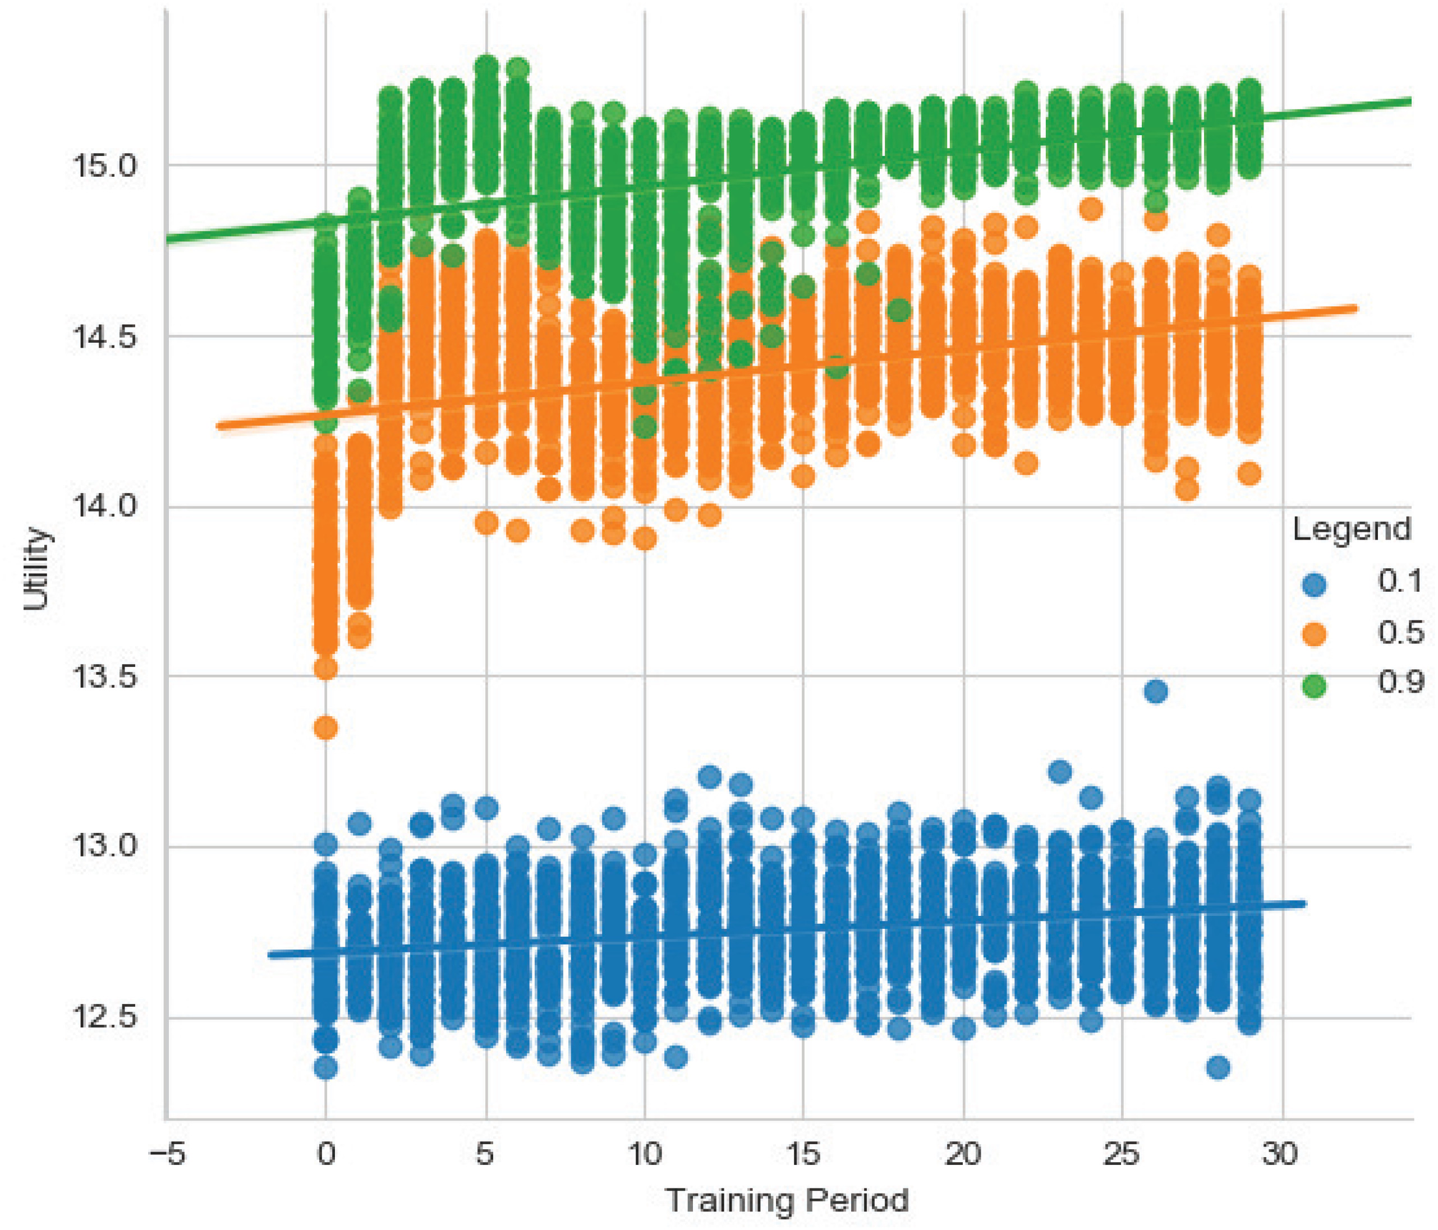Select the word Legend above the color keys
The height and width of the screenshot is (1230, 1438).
(x=1351, y=529)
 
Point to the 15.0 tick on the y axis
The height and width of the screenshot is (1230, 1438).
(x=105, y=167)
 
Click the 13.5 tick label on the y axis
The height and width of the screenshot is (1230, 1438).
(x=105, y=677)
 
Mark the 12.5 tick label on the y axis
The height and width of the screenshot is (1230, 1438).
(x=105, y=1019)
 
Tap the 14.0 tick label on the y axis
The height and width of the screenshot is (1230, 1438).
(x=105, y=507)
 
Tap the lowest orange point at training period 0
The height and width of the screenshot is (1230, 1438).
(x=326, y=727)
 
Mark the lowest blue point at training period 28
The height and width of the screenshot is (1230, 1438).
(x=1219, y=1067)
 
